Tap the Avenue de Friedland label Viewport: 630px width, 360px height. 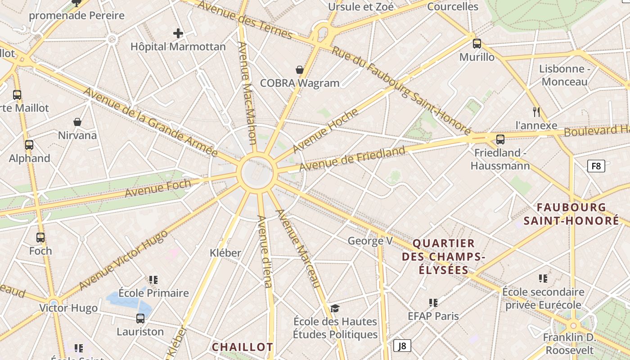(x=352, y=158)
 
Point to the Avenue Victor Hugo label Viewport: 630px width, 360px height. (x=123, y=260)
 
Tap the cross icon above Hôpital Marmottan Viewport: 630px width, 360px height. (x=178, y=33)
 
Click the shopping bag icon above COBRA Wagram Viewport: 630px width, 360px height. (x=300, y=70)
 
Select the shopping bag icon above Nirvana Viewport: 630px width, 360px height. (x=77, y=122)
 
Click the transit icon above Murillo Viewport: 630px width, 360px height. (x=477, y=44)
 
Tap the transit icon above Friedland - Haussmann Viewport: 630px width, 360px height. (x=500, y=139)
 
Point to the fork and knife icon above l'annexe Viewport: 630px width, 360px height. (x=536, y=112)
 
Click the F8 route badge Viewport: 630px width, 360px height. (x=596, y=166)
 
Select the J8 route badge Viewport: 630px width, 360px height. (x=402, y=346)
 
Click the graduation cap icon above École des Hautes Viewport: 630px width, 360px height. (x=335, y=308)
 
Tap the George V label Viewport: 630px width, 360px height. (x=370, y=241)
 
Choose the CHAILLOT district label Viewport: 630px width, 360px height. (x=242, y=347)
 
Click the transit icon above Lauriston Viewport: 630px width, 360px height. (x=140, y=319)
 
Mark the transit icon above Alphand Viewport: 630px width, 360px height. (x=29, y=145)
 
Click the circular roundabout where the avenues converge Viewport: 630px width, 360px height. (x=257, y=173)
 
